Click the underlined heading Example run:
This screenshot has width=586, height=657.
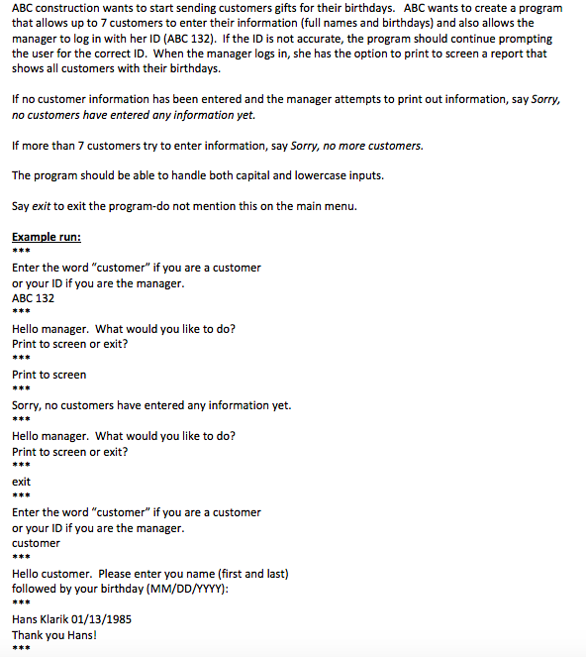pyautogui.click(x=46, y=238)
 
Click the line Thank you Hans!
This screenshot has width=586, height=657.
pyautogui.click(x=54, y=635)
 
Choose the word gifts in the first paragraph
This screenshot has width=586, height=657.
pyautogui.click(x=250, y=8)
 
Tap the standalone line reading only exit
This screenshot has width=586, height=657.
pyautogui.click(x=21, y=482)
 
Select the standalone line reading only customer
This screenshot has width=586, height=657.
pyautogui.click(x=36, y=543)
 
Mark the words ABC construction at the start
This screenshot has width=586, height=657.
pyautogui.click(x=50, y=8)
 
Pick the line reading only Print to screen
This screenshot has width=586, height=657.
pyautogui.click(x=49, y=375)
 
